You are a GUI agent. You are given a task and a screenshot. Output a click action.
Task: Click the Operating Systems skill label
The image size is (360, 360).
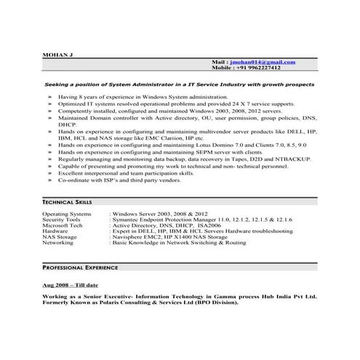pyautogui.click(x=67, y=215)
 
